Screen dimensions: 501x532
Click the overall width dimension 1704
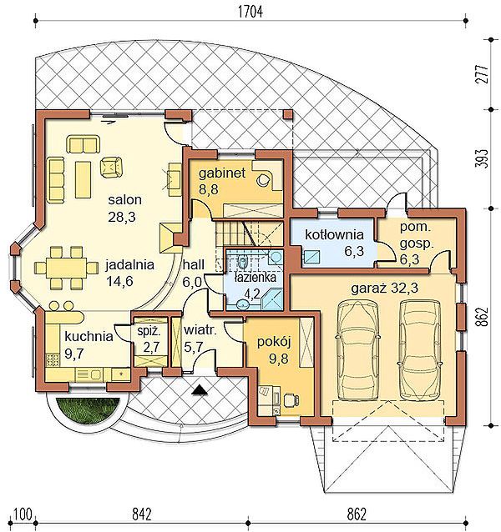coord(250,12)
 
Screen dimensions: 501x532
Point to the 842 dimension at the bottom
coord(141,514)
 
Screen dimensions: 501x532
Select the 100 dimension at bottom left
coord(23,514)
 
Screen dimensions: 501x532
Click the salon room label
coord(124,199)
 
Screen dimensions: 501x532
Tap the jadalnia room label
coord(129,264)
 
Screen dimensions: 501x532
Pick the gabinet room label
coord(222,173)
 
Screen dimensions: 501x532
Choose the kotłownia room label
coord(334,234)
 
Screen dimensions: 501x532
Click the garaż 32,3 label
coord(384,289)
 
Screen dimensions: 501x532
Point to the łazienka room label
coord(255,278)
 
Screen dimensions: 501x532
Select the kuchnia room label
coord(89,337)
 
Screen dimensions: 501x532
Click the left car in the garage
coord(357,351)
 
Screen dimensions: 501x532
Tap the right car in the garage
coord(421,350)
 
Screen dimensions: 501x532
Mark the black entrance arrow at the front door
coord(200,389)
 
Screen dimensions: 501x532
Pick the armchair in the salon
coord(111,167)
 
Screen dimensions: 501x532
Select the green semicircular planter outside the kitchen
coord(88,410)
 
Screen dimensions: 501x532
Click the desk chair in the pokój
coord(291,399)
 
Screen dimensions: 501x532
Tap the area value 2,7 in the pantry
coord(151,347)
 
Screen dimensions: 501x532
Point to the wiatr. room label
coord(200,330)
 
